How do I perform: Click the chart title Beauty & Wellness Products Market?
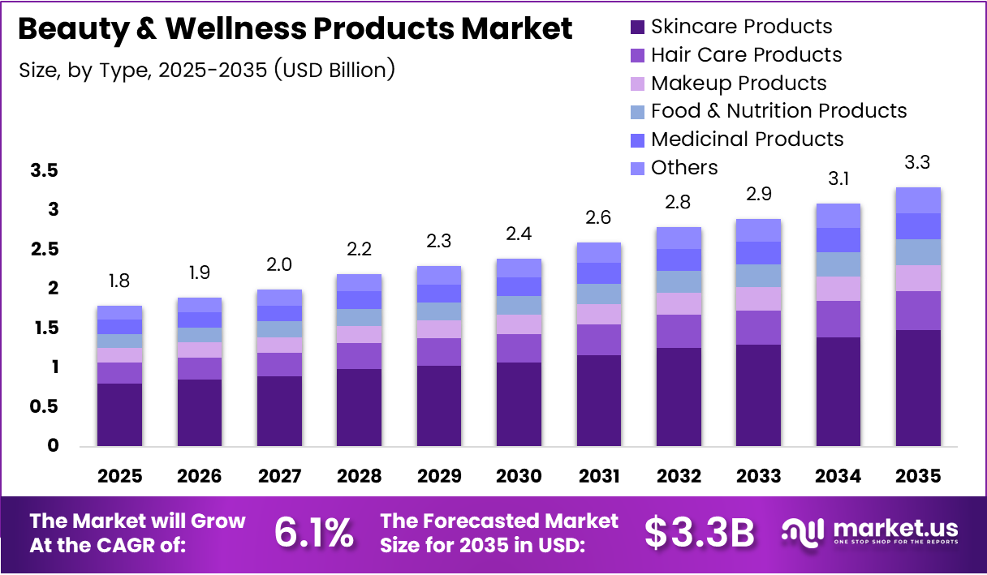point(295,28)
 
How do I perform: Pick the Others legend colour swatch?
point(638,168)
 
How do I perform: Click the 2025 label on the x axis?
point(119,476)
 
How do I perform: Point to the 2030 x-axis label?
point(519,476)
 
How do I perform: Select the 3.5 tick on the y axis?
point(45,171)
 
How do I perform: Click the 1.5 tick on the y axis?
point(45,328)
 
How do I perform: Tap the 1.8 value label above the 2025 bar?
point(119,281)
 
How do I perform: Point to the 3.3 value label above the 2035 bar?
point(918,162)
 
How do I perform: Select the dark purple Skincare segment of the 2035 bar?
point(918,388)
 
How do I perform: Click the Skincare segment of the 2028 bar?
point(359,407)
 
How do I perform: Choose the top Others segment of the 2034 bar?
point(838,216)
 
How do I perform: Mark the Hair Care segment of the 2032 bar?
point(679,331)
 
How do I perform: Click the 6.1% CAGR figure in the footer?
point(313,533)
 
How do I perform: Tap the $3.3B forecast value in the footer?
point(700,533)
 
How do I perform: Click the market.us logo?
point(870,532)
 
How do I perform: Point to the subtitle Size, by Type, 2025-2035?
point(207,70)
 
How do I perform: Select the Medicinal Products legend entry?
point(747,139)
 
